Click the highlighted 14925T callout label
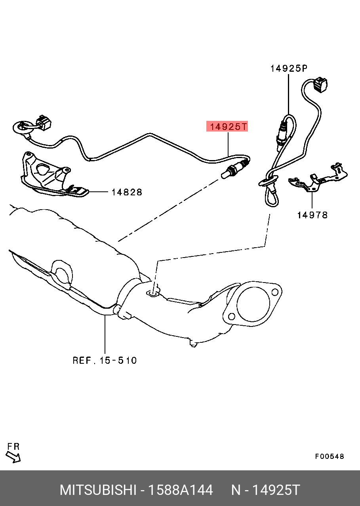click(227, 126)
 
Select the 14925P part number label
click(289, 68)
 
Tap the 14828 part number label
click(127, 192)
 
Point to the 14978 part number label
click(312, 215)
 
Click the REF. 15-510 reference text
click(105, 360)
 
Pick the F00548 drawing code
click(330, 456)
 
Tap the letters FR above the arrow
click(13, 446)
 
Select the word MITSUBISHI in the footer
click(98, 490)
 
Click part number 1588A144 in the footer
click(181, 490)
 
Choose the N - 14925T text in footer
click(266, 490)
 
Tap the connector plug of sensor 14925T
click(44, 123)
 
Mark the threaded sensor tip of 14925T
click(226, 175)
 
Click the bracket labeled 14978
click(318, 178)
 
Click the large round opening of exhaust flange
click(253, 304)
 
